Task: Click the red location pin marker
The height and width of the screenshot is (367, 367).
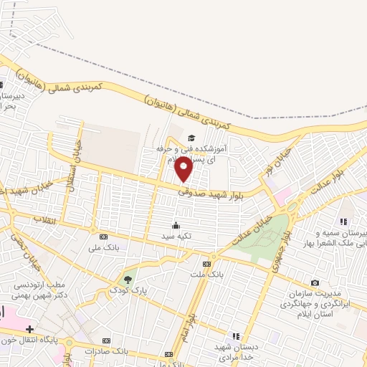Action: point(183,169)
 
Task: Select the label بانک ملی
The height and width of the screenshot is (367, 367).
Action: point(103,247)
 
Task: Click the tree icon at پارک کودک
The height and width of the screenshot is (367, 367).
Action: point(128,279)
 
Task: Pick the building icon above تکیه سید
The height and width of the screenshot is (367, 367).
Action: point(176,224)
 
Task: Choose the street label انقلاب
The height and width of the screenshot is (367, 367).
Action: point(44,220)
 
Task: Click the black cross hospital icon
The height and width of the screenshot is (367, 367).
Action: point(29,329)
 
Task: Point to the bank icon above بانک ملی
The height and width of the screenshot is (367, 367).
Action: point(103,237)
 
